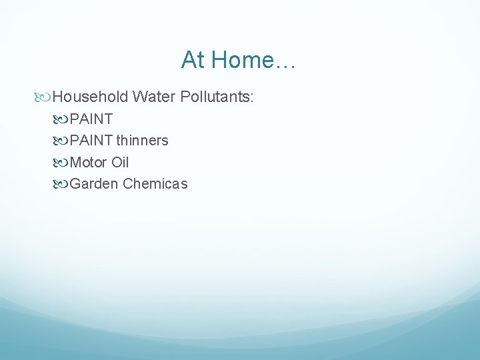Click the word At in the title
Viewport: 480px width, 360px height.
[193, 61]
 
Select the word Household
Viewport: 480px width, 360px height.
[89, 97]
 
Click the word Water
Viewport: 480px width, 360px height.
[153, 97]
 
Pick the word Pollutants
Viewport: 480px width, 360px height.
[213, 97]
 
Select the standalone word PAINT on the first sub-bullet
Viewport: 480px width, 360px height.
[91, 119]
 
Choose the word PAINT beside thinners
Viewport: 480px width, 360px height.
[91, 141]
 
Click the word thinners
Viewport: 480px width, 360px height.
[143, 141]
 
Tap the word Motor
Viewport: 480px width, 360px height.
[88, 162]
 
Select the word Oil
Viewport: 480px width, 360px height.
[120, 162]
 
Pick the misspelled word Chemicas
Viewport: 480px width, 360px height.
[155, 183]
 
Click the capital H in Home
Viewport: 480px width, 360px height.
[217, 61]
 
